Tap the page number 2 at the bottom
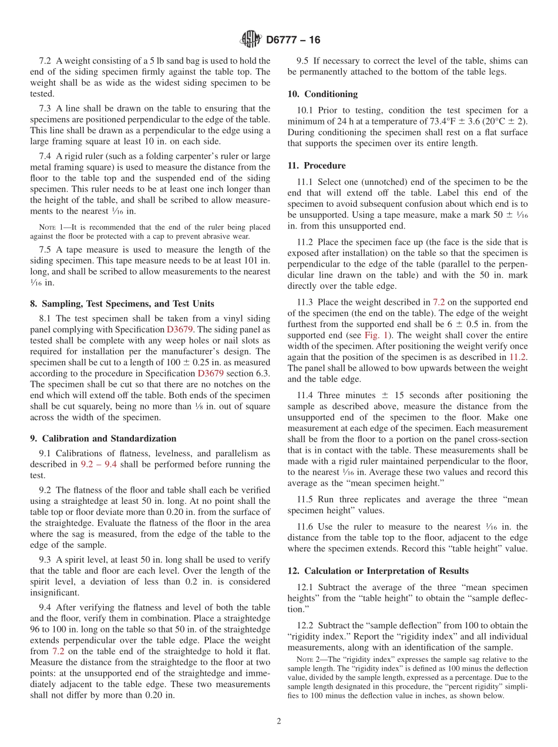pyautogui.click(x=279, y=722)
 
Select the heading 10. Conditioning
pyautogui.click(x=322, y=94)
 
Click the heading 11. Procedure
pyautogui.click(x=317, y=166)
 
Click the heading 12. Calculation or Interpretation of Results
pyautogui.click(x=378, y=571)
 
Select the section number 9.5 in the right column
pyautogui.click(x=303, y=60)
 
